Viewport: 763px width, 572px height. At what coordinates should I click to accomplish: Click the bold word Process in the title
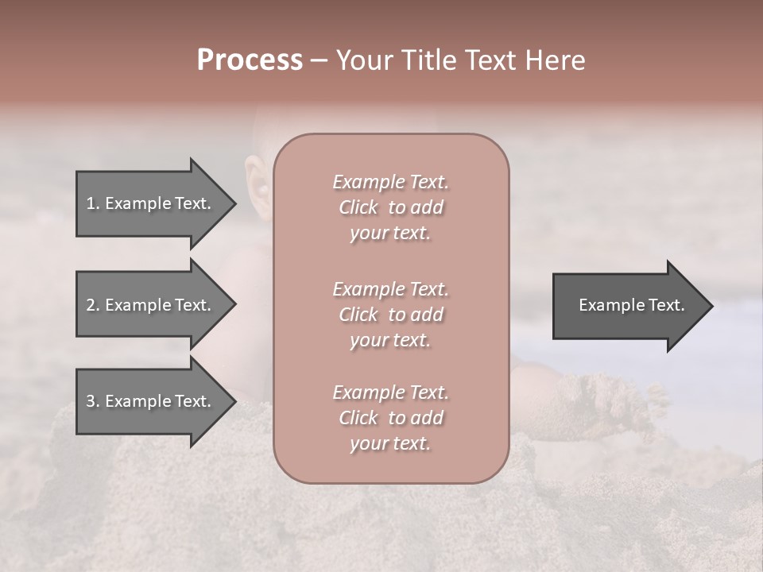coord(250,60)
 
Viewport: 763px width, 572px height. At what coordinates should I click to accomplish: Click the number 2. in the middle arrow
coord(93,305)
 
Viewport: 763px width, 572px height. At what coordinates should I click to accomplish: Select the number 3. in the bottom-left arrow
coord(93,401)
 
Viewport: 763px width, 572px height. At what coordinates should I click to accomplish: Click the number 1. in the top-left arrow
coord(92,203)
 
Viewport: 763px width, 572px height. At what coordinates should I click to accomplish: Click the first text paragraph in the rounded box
coord(390,207)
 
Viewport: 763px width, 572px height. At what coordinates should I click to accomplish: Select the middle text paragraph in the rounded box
coord(390,315)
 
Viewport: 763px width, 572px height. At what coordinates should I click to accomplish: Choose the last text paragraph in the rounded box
coord(390,418)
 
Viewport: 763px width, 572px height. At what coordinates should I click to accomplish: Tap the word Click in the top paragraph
coord(358,207)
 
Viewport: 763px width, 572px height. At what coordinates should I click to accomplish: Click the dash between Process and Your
coord(319,61)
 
